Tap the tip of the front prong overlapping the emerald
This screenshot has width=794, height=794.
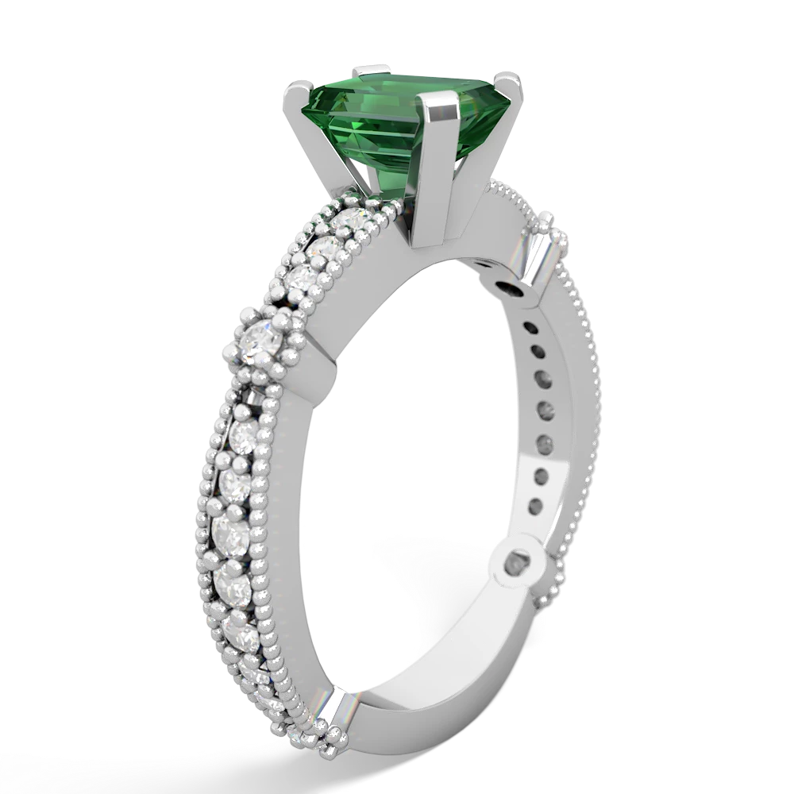(x=441, y=102)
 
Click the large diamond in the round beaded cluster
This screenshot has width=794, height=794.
(x=260, y=344)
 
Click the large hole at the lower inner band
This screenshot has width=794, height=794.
(x=521, y=563)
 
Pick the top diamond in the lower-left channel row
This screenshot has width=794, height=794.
(x=245, y=435)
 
